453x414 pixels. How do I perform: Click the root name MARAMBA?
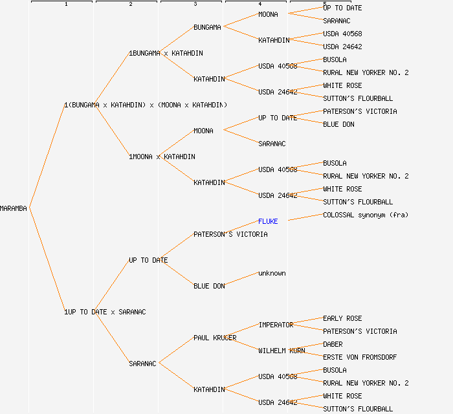click(x=14, y=208)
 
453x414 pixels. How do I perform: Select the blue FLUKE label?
click(x=268, y=221)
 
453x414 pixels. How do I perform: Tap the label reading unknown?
click(x=272, y=273)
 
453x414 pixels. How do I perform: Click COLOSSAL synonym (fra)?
click(x=366, y=215)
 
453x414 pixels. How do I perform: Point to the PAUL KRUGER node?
click(x=215, y=338)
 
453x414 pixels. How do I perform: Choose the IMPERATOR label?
click(x=276, y=325)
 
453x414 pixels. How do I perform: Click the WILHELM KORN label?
click(x=282, y=351)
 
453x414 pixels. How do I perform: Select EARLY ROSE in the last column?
click(x=342, y=318)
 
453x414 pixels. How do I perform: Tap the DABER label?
click(x=333, y=344)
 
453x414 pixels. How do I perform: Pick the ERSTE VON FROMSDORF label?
click(x=360, y=357)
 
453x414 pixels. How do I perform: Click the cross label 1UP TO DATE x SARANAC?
click(x=105, y=312)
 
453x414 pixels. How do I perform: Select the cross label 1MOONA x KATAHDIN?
click(x=162, y=157)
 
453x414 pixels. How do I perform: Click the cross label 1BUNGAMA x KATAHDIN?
click(x=166, y=53)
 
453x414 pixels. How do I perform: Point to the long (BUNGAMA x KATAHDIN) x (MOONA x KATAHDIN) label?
click(x=146, y=105)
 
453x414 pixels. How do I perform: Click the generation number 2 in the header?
click(x=130, y=5)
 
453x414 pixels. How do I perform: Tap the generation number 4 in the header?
click(x=260, y=5)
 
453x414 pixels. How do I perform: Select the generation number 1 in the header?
click(x=65, y=5)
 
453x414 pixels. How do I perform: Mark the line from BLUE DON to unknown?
click(x=241, y=279)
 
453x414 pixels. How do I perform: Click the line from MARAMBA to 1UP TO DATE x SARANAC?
click(x=47, y=260)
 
